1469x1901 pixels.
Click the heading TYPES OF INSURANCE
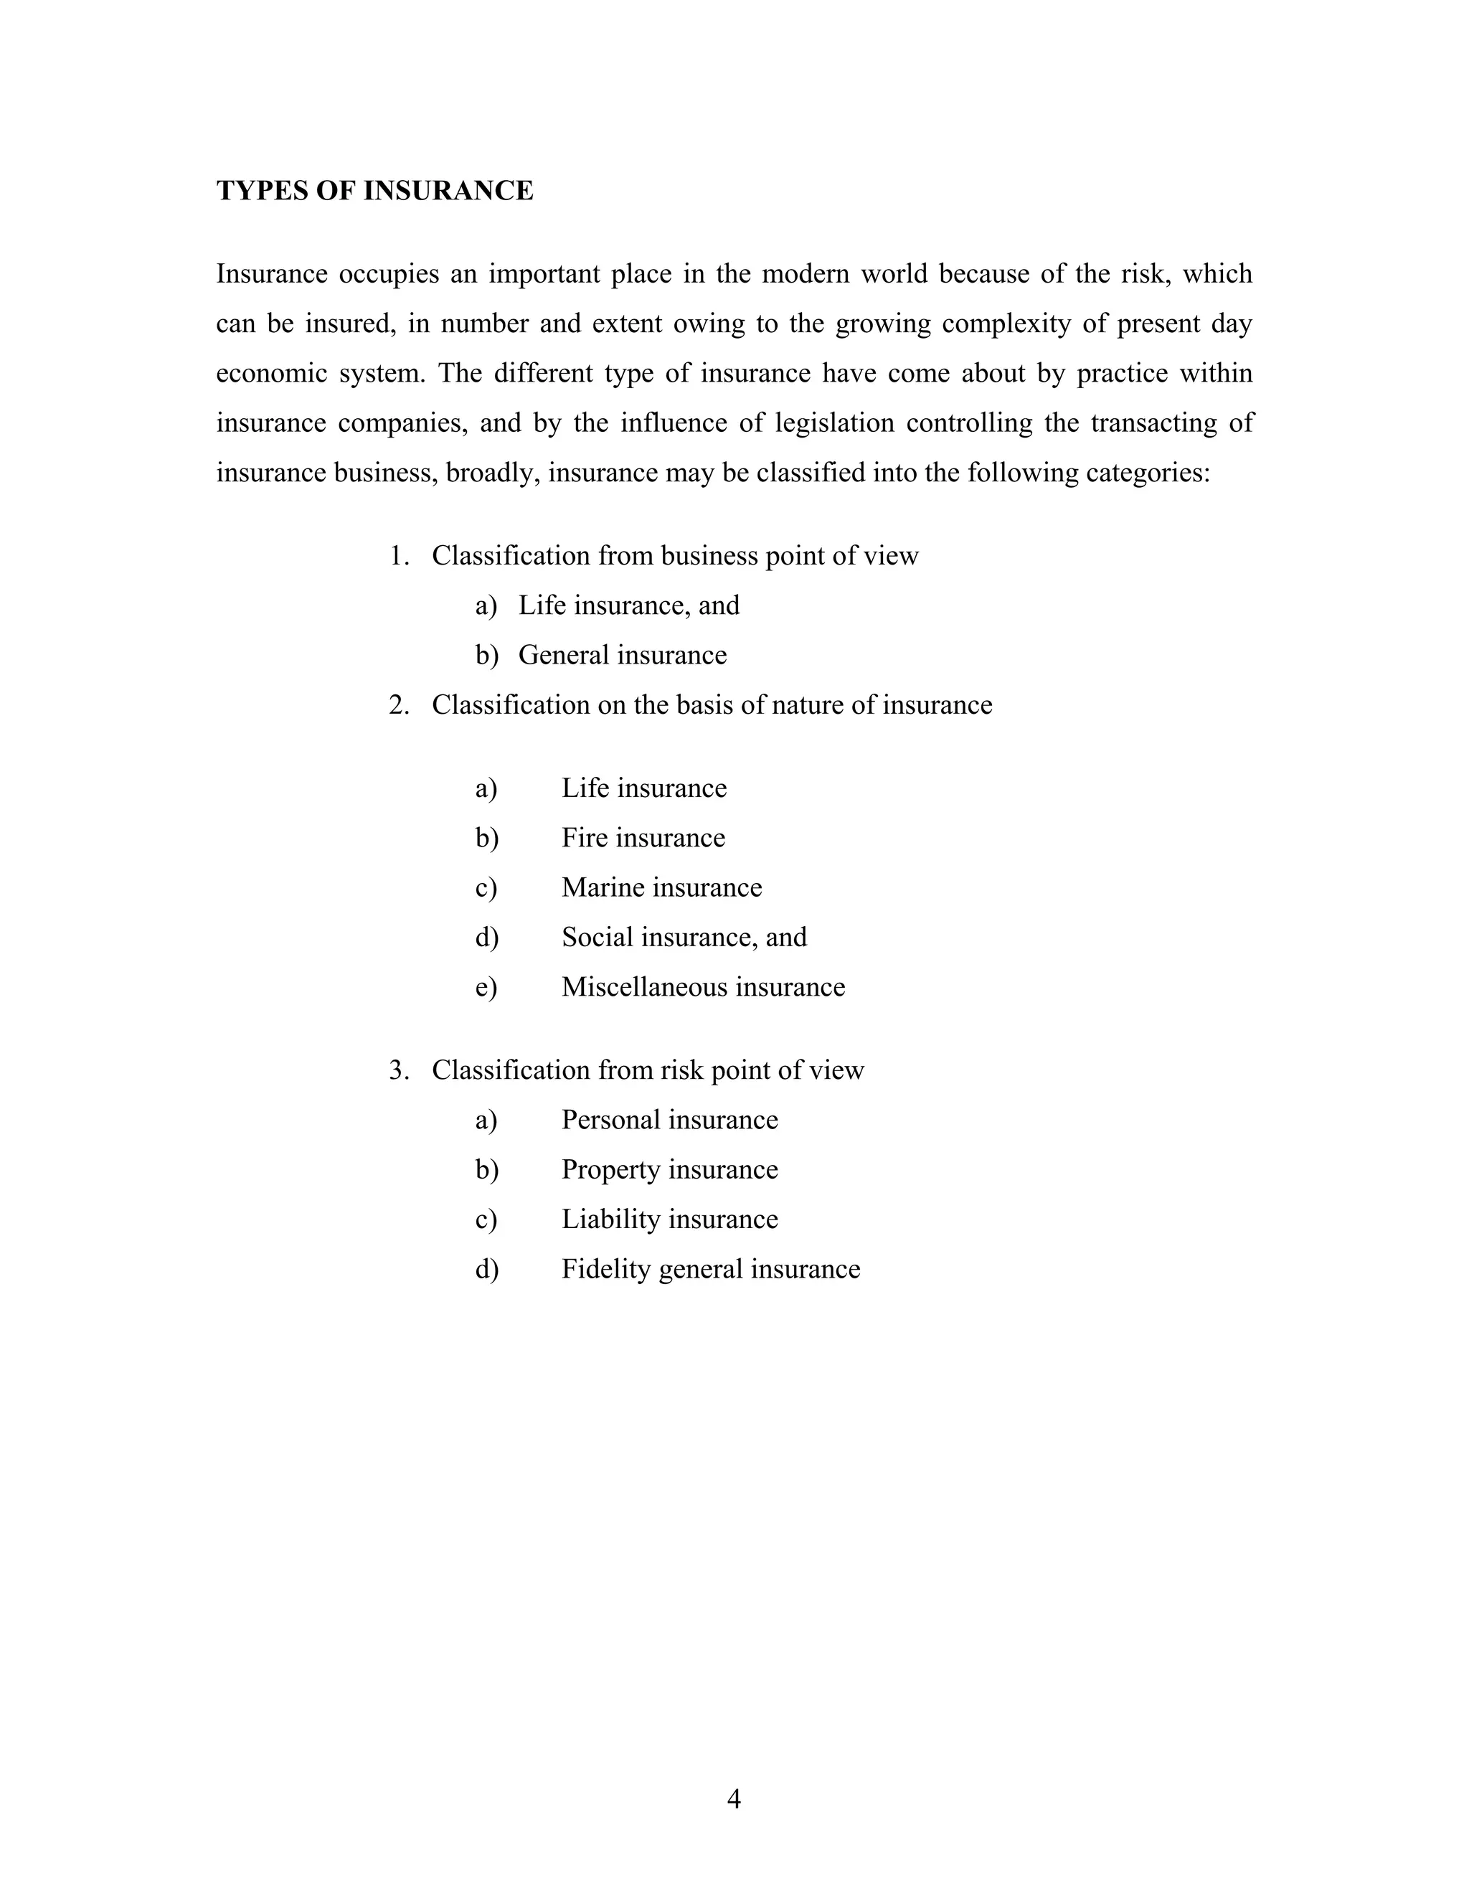374,191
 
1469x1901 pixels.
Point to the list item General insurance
622,654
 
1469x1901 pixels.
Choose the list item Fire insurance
643,837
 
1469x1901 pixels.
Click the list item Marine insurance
661,887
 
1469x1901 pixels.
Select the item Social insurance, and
684,937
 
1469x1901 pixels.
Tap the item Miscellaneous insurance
703,986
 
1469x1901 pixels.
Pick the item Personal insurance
669,1119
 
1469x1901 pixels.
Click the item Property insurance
669,1169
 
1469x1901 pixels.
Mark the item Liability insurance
669,1219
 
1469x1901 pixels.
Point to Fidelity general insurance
710,1268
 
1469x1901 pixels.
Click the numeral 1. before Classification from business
399,555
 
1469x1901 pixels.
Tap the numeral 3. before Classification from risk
399,1070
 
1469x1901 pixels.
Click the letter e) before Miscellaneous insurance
486,987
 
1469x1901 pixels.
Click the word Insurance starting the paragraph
272,274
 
